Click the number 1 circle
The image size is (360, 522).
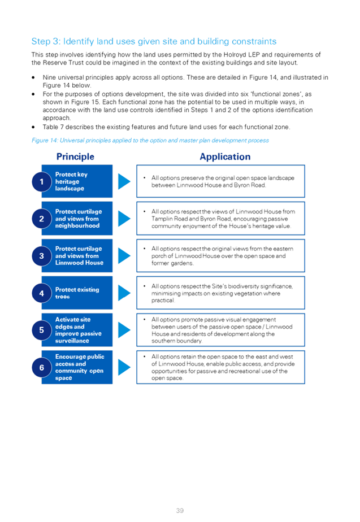42,181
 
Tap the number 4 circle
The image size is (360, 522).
42,293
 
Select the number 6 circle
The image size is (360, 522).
42,368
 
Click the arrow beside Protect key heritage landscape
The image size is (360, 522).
124,181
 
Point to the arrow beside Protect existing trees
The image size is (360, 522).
124,293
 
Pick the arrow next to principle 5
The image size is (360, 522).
124,330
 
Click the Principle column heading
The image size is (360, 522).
75,157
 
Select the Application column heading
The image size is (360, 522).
225,157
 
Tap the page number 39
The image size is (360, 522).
180,510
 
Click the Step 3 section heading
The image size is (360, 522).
154,41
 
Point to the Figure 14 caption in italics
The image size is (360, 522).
150,141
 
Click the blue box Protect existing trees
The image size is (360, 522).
77,293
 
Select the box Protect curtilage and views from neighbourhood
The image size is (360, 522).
77,219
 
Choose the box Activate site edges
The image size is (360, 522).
77,330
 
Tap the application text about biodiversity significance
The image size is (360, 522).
222,293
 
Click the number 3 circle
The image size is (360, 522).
42,256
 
